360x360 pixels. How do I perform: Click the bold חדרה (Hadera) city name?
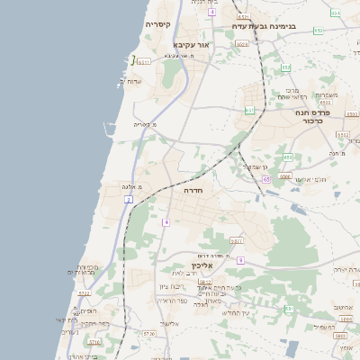tap(193, 192)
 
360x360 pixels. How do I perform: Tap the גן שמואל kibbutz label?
tap(256, 166)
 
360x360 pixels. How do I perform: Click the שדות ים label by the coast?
tap(130, 82)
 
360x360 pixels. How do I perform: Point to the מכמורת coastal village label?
tap(87, 267)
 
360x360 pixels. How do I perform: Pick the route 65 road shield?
tap(266, 179)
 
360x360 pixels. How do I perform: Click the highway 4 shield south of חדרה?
tap(166, 221)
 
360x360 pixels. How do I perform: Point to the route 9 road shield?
tap(240, 260)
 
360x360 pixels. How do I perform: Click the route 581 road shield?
tap(237, 240)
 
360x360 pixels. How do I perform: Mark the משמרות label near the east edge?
tap(328, 95)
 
